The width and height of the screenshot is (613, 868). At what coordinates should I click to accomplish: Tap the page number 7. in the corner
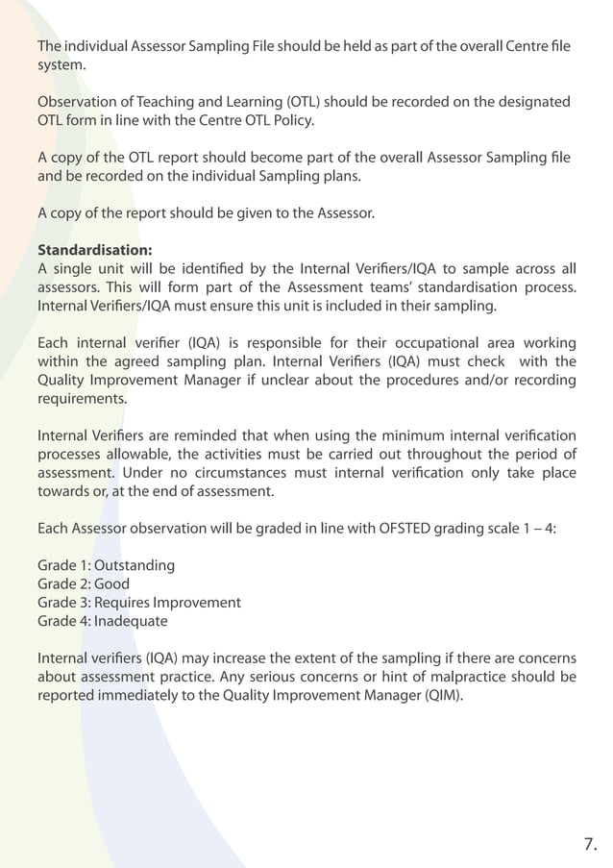click(x=590, y=845)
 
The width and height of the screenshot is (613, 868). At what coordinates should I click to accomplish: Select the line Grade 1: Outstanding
click(x=106, y=565)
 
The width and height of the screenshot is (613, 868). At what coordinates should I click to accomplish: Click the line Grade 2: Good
click(x=84, y=583)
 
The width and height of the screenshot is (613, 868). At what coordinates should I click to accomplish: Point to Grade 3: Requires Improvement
click(x=139, y=603)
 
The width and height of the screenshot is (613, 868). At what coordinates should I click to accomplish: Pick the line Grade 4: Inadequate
click(x=102, y=621)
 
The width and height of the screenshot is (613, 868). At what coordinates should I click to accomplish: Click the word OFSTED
click(x=374, y=529)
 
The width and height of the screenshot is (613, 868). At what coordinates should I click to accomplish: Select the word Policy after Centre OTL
click(x=292, y=120)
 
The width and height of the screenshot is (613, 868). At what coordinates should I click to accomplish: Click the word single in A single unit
click(x=73, y=270)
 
